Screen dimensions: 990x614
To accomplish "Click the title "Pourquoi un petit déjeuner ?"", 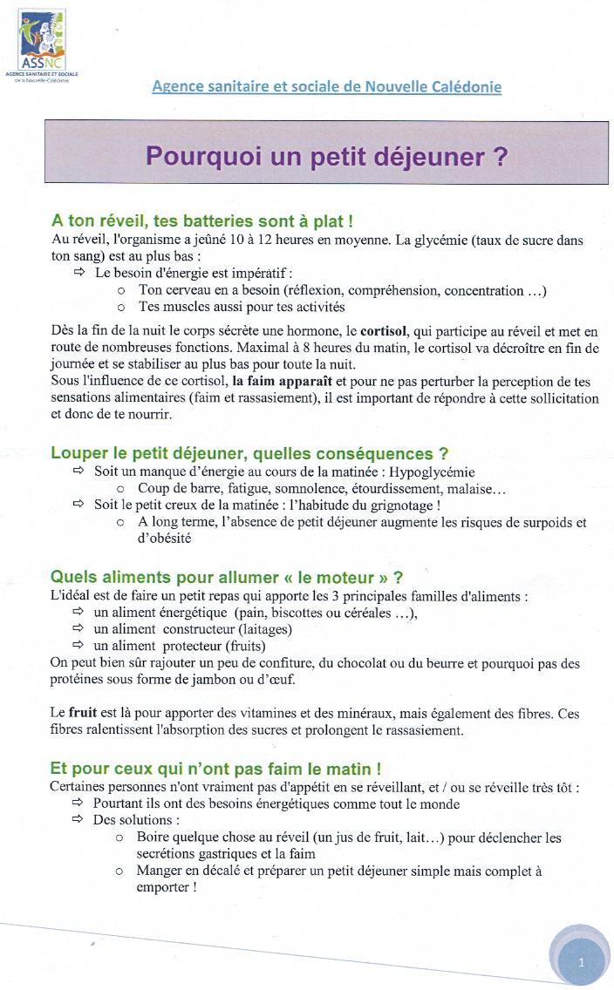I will tap(326, 157).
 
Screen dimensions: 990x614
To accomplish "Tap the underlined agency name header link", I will tap(326, 86).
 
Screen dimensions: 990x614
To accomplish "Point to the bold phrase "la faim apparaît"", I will tap(282, 382).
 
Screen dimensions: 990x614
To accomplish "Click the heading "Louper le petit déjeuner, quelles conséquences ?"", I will tap(249, 453).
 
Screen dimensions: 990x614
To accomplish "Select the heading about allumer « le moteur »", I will tap(227, 577).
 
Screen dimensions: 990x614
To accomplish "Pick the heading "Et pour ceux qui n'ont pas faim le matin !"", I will tap(215, 769).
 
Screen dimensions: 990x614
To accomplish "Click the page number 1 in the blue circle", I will tap(580, 961).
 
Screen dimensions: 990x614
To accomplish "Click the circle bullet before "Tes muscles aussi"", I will tap(121, 307).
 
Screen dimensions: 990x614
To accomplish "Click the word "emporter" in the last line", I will tap(163, 886).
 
